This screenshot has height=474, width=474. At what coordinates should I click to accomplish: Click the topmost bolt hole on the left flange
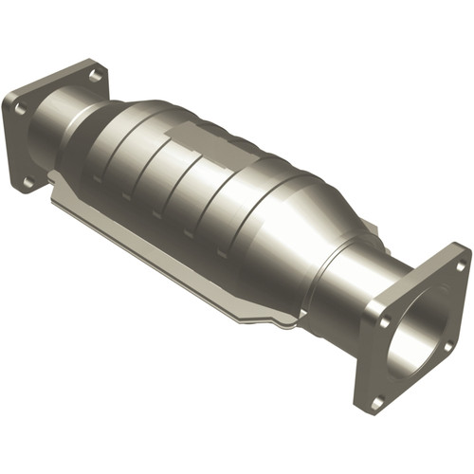tap(95, 73)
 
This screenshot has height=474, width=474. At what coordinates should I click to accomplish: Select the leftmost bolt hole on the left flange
tap(20, 110)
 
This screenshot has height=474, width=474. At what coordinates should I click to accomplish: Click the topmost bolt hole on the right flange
tap(461, 267)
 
